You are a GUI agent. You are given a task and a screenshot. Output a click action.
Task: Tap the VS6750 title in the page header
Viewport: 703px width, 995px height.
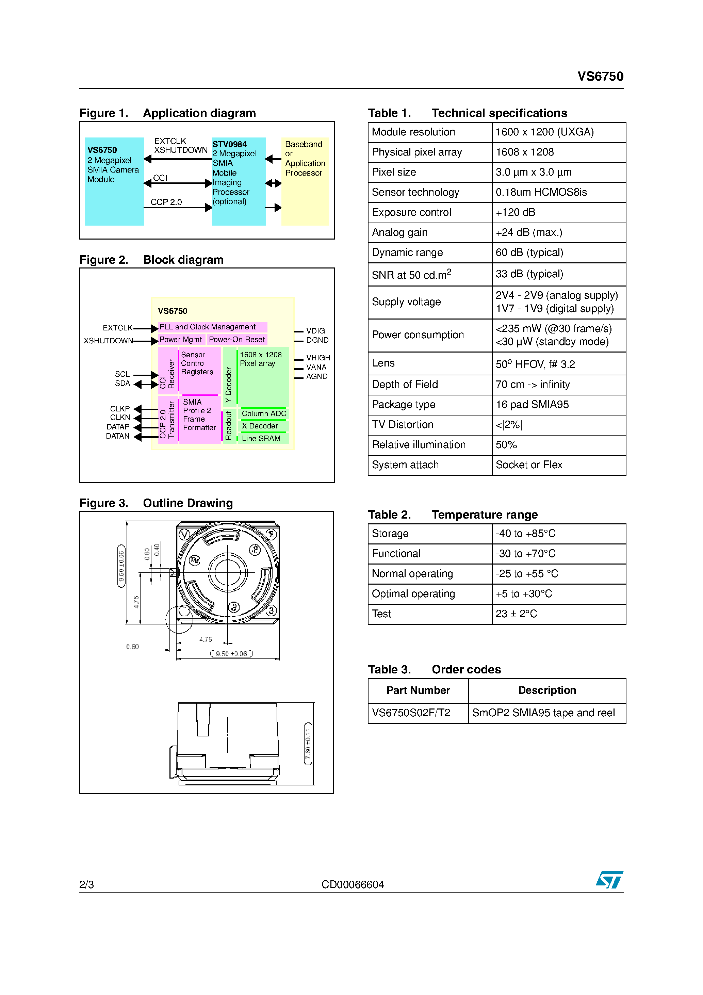pos(600,77)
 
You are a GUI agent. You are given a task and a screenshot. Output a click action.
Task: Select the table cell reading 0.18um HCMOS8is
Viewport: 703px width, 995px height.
pos(541,192)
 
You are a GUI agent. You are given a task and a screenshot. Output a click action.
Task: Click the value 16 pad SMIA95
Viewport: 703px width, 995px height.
pos(532,404)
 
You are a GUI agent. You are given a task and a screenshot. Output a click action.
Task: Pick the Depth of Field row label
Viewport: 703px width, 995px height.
pos(405,385)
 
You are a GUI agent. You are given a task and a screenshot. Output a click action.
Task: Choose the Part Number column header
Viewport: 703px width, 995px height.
pos(418,690)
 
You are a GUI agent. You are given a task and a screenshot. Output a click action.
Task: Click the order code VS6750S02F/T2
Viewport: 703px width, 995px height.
pos(411,713)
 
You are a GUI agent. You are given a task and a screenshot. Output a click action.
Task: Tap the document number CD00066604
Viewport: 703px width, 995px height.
pos(353,884)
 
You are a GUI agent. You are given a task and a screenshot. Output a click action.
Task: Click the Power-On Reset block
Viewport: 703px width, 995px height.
pos(236,339)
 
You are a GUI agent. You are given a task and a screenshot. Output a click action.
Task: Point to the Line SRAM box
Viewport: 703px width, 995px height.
pos(261,439)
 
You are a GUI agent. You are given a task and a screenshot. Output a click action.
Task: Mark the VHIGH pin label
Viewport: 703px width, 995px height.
pos(318,358)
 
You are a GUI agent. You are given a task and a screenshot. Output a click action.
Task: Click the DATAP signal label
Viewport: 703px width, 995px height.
pos(118,427)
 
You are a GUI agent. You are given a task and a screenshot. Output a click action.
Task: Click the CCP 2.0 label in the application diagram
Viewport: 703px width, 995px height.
pos(166,202)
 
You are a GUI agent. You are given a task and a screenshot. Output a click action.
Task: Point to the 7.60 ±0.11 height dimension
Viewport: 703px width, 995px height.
pos(308,744)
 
